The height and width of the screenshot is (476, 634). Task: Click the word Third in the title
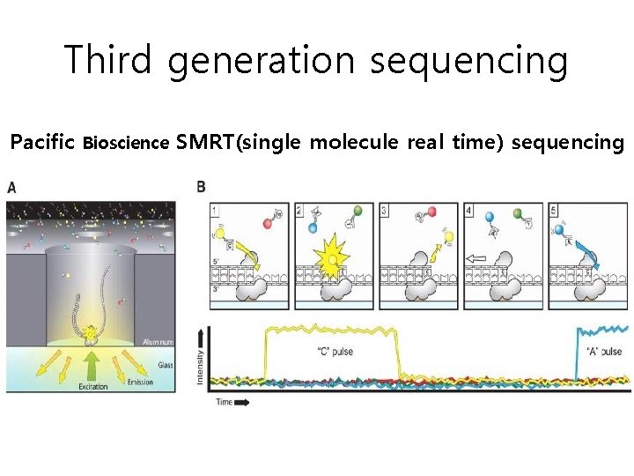[108, 60]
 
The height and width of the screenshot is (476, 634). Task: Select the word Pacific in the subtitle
[41, 142]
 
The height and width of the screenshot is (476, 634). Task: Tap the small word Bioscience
[126, 144]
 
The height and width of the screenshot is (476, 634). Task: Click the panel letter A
[12, 187]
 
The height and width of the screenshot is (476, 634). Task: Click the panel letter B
[202, 187]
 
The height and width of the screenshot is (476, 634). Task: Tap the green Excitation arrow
[91, 365]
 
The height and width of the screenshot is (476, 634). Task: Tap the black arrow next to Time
[242, 402]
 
